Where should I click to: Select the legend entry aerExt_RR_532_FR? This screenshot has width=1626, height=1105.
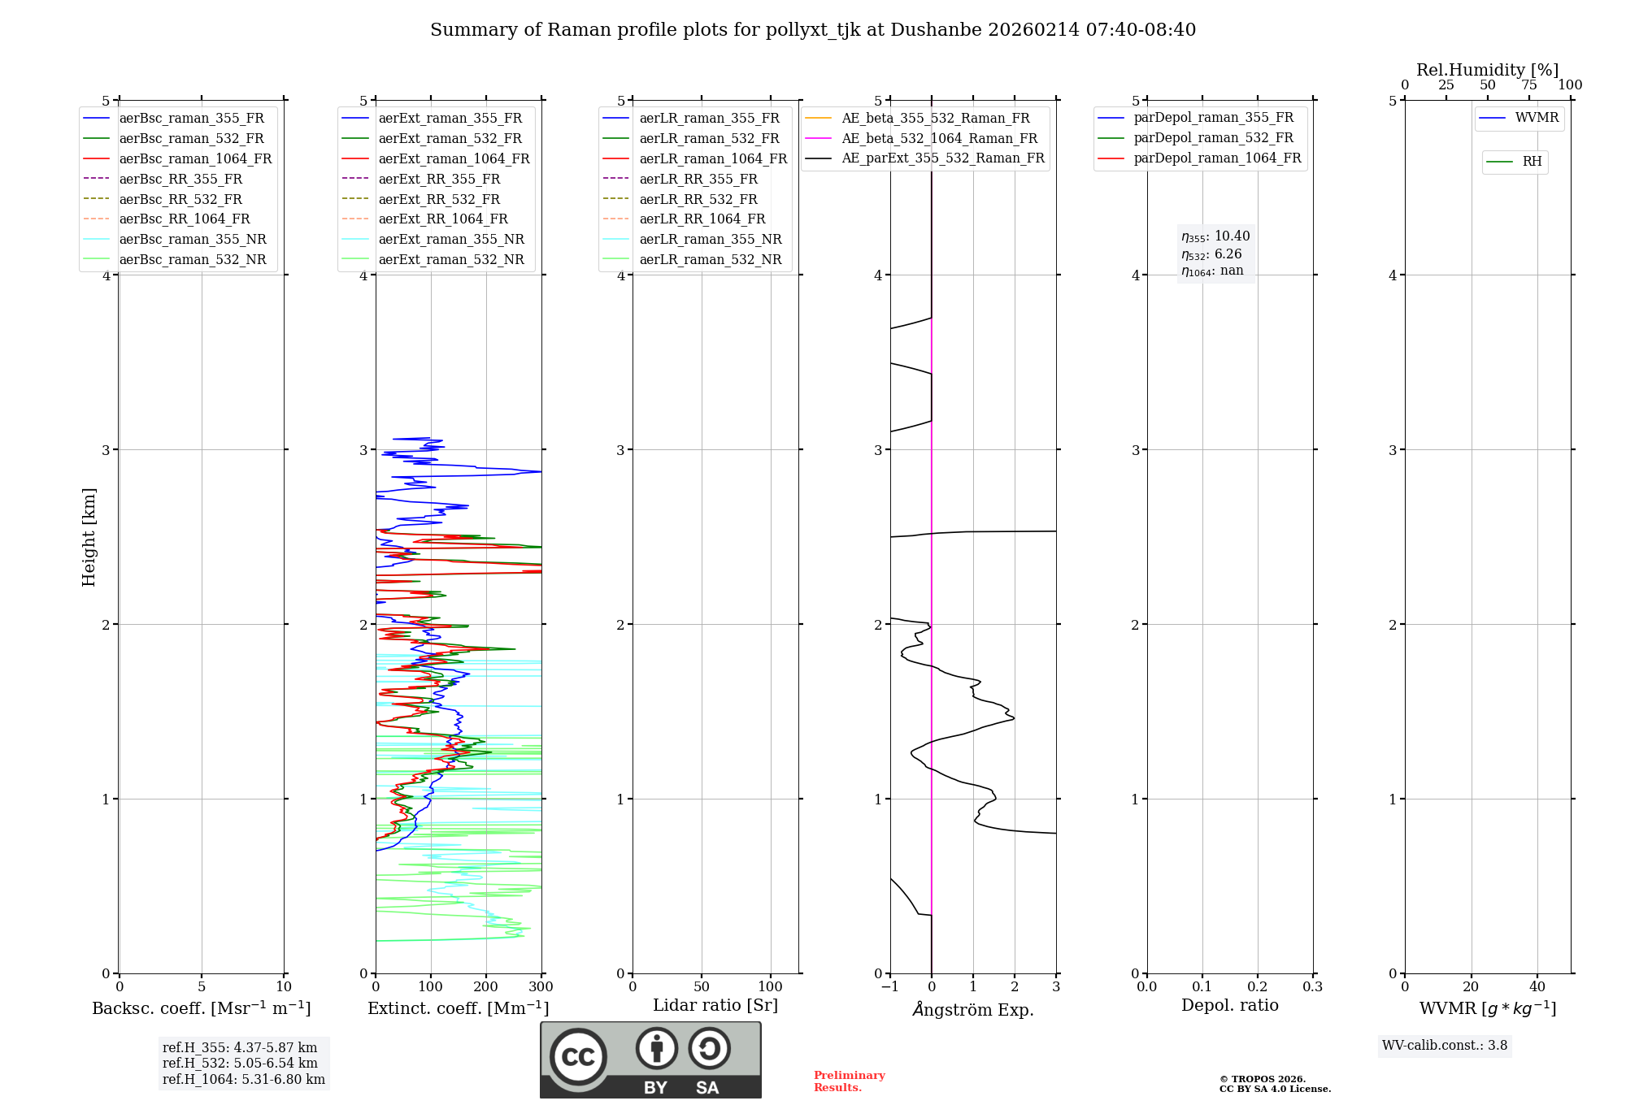439,199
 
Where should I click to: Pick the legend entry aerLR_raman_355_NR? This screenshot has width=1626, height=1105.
710,239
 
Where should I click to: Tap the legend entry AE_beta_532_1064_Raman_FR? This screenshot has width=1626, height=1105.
939,138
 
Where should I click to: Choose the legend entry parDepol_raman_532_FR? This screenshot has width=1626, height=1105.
1213,138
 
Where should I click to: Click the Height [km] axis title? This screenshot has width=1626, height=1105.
89,536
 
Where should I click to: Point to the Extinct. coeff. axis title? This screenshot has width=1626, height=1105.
458,1008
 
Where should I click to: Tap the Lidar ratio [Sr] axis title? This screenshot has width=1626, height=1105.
715,1005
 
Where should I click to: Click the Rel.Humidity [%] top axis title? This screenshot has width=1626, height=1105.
1487,70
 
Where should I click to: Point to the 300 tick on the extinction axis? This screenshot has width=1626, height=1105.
541,987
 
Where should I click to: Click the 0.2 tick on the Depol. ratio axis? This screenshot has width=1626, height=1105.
1258,987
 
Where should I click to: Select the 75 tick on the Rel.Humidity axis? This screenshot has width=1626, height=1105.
1529,85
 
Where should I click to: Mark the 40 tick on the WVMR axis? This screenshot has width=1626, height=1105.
1537,987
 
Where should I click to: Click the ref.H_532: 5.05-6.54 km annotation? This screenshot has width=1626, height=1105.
240,1064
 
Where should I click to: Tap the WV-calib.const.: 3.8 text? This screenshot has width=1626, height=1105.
1445,1046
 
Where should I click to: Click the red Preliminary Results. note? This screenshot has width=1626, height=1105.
849,1081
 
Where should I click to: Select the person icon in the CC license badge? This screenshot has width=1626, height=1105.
657,1048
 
